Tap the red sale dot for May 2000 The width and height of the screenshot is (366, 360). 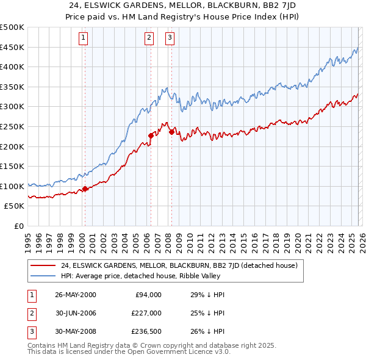[x=85, y=189]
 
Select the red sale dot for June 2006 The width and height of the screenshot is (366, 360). [x=151, y=135]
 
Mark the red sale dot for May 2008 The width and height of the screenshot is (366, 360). [x=171, y=131]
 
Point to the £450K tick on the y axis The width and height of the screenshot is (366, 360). [x=13, y=47]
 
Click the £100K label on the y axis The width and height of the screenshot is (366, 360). [x=13, y=186]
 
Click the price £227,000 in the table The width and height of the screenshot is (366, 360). [x=146, y=314]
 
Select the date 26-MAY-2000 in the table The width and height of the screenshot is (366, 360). [x=75, y=295]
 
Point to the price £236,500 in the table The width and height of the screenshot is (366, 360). [x=146, y=333]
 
